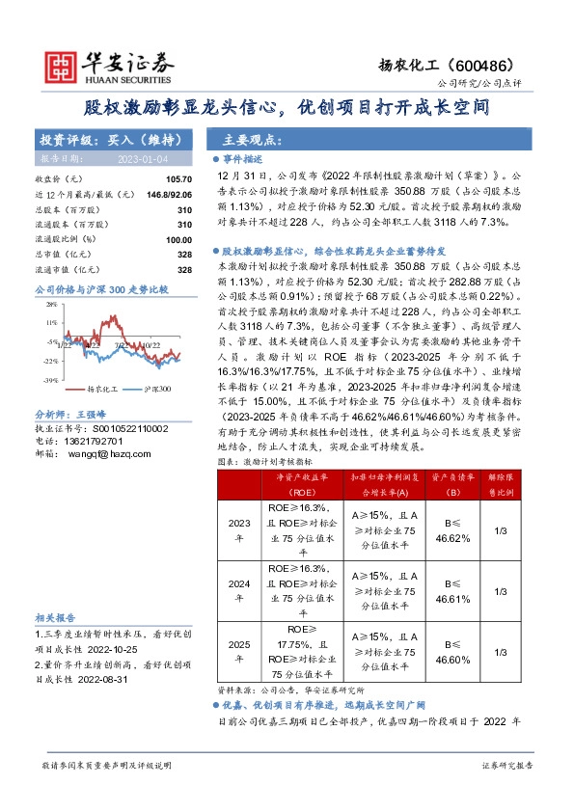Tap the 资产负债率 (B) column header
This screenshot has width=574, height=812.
[x=452, y=482]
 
